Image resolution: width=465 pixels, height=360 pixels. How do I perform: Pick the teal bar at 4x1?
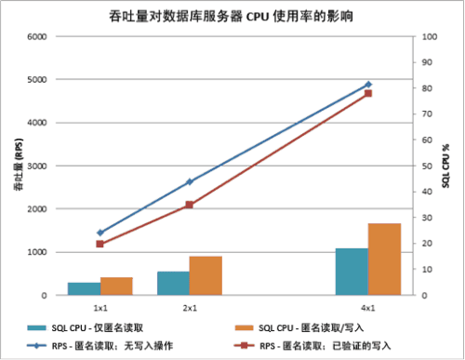click(x=351, y=272)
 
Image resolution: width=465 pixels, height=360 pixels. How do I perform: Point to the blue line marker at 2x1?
click(x=189, y=181)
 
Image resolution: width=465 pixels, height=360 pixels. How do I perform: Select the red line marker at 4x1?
click(x=367, y=93)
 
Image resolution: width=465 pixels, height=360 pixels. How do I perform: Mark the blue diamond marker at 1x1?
click(x=100, y=233)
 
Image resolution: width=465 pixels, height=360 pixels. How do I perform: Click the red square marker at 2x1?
click(x=189, y=205)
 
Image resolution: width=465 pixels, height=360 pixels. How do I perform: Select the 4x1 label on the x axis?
click(x=367, y=306)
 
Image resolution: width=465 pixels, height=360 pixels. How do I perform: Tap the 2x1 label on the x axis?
click(x=189, y=306)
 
